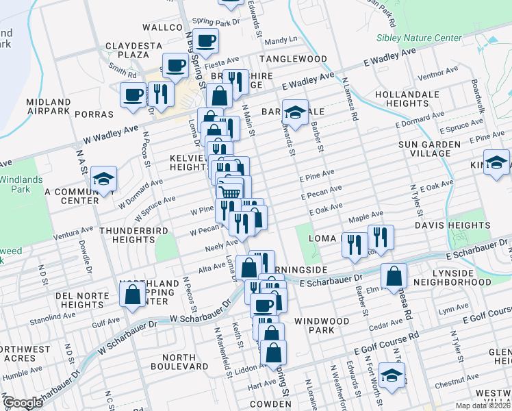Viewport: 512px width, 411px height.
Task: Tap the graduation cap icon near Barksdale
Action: (x=295, y=113)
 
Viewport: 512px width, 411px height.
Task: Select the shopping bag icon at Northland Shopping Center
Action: (x=133, y=295)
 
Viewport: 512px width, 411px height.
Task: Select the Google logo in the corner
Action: (x=23, y=403)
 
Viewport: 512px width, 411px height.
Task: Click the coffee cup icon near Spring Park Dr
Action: (x=205, y=40)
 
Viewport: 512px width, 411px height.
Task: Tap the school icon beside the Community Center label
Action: (x=103, y=179)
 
